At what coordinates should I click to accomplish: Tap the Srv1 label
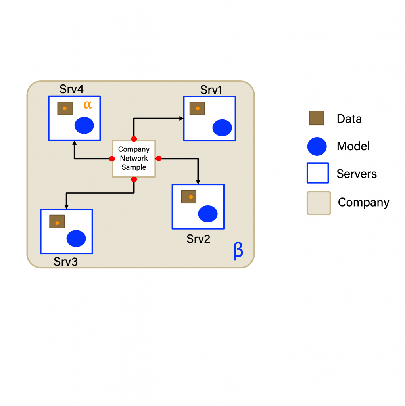[211, 90]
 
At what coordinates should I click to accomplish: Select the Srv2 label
[198, 239]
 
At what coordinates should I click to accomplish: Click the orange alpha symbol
[88, 105]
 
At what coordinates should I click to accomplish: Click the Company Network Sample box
[134, 159]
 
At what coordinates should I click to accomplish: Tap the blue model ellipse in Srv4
[84, 125]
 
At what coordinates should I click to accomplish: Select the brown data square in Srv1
[197, 108]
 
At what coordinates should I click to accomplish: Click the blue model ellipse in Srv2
[208, 214]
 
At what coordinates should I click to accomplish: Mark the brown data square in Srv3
[57, 222]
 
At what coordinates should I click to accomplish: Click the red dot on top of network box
[134, 139]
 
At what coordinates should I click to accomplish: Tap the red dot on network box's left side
[112, 159]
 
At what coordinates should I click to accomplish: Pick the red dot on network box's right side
[159, 159]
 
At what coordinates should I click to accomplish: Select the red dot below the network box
[134, 180]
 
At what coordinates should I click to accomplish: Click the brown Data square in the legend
[316, 118]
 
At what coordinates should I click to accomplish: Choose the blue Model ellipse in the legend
[317, 146]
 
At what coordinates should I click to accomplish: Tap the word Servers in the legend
[357, 174]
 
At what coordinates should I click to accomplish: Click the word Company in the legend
[363, 203]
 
